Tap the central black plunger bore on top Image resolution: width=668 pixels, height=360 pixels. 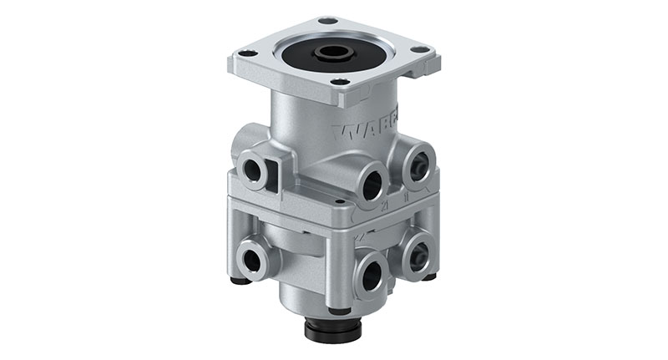point(333,53)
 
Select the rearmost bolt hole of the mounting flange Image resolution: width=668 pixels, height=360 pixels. point(328,21)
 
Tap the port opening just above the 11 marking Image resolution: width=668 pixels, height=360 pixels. point(419,166)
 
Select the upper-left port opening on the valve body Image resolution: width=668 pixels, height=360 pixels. point(250,170)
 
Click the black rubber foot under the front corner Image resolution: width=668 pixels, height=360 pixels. point(339,311)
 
